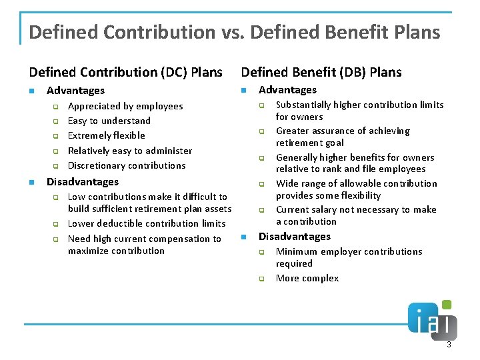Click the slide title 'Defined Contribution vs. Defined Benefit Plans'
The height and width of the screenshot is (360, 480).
235,32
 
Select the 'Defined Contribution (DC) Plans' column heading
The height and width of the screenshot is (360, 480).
126,71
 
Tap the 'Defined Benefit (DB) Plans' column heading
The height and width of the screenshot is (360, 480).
321,71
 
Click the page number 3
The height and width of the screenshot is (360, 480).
449,345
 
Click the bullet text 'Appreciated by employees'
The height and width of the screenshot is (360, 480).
125,106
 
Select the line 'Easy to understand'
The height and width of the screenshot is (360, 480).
109,121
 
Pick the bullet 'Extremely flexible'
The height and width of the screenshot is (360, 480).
107,135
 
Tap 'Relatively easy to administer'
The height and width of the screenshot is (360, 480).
130,151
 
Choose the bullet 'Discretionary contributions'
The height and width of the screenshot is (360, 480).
127,165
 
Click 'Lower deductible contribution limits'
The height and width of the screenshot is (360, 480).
147,223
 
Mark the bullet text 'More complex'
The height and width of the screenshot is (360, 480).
307,278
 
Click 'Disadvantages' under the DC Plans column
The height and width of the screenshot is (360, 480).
83,181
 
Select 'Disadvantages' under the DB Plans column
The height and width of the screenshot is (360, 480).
295,236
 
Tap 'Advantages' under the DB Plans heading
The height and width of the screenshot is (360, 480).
287,89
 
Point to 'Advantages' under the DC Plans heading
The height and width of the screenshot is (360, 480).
75,90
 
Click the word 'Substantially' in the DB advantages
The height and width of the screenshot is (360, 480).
303,105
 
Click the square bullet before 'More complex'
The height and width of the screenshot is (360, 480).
262,279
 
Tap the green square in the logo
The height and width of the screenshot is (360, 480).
446,305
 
